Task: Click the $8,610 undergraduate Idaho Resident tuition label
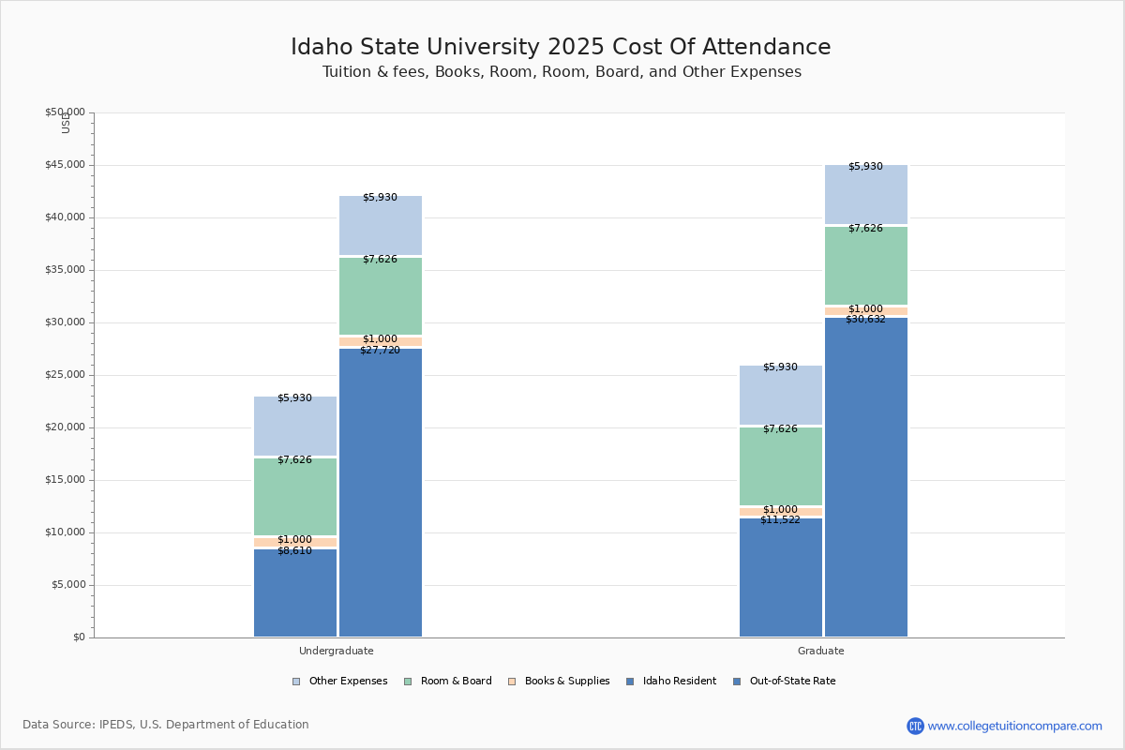(294, 551)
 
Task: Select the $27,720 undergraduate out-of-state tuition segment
(380, 492)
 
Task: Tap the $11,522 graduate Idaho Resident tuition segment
(780, 577)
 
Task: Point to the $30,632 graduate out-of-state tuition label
(865, 320)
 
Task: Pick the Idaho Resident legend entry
(671, 682)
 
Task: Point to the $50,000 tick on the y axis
(65, 112)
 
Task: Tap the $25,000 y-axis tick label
(65, 375)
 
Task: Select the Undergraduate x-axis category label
(337, 651)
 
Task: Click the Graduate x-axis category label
(821, 651)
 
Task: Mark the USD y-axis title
(66, 123)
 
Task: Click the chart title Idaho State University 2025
(561, 48)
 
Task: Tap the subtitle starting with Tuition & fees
(562, 72)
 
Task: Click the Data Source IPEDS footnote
(166, 725)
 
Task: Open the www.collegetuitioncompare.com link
(1014, 726)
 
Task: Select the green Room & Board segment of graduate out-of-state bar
(865, 265)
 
